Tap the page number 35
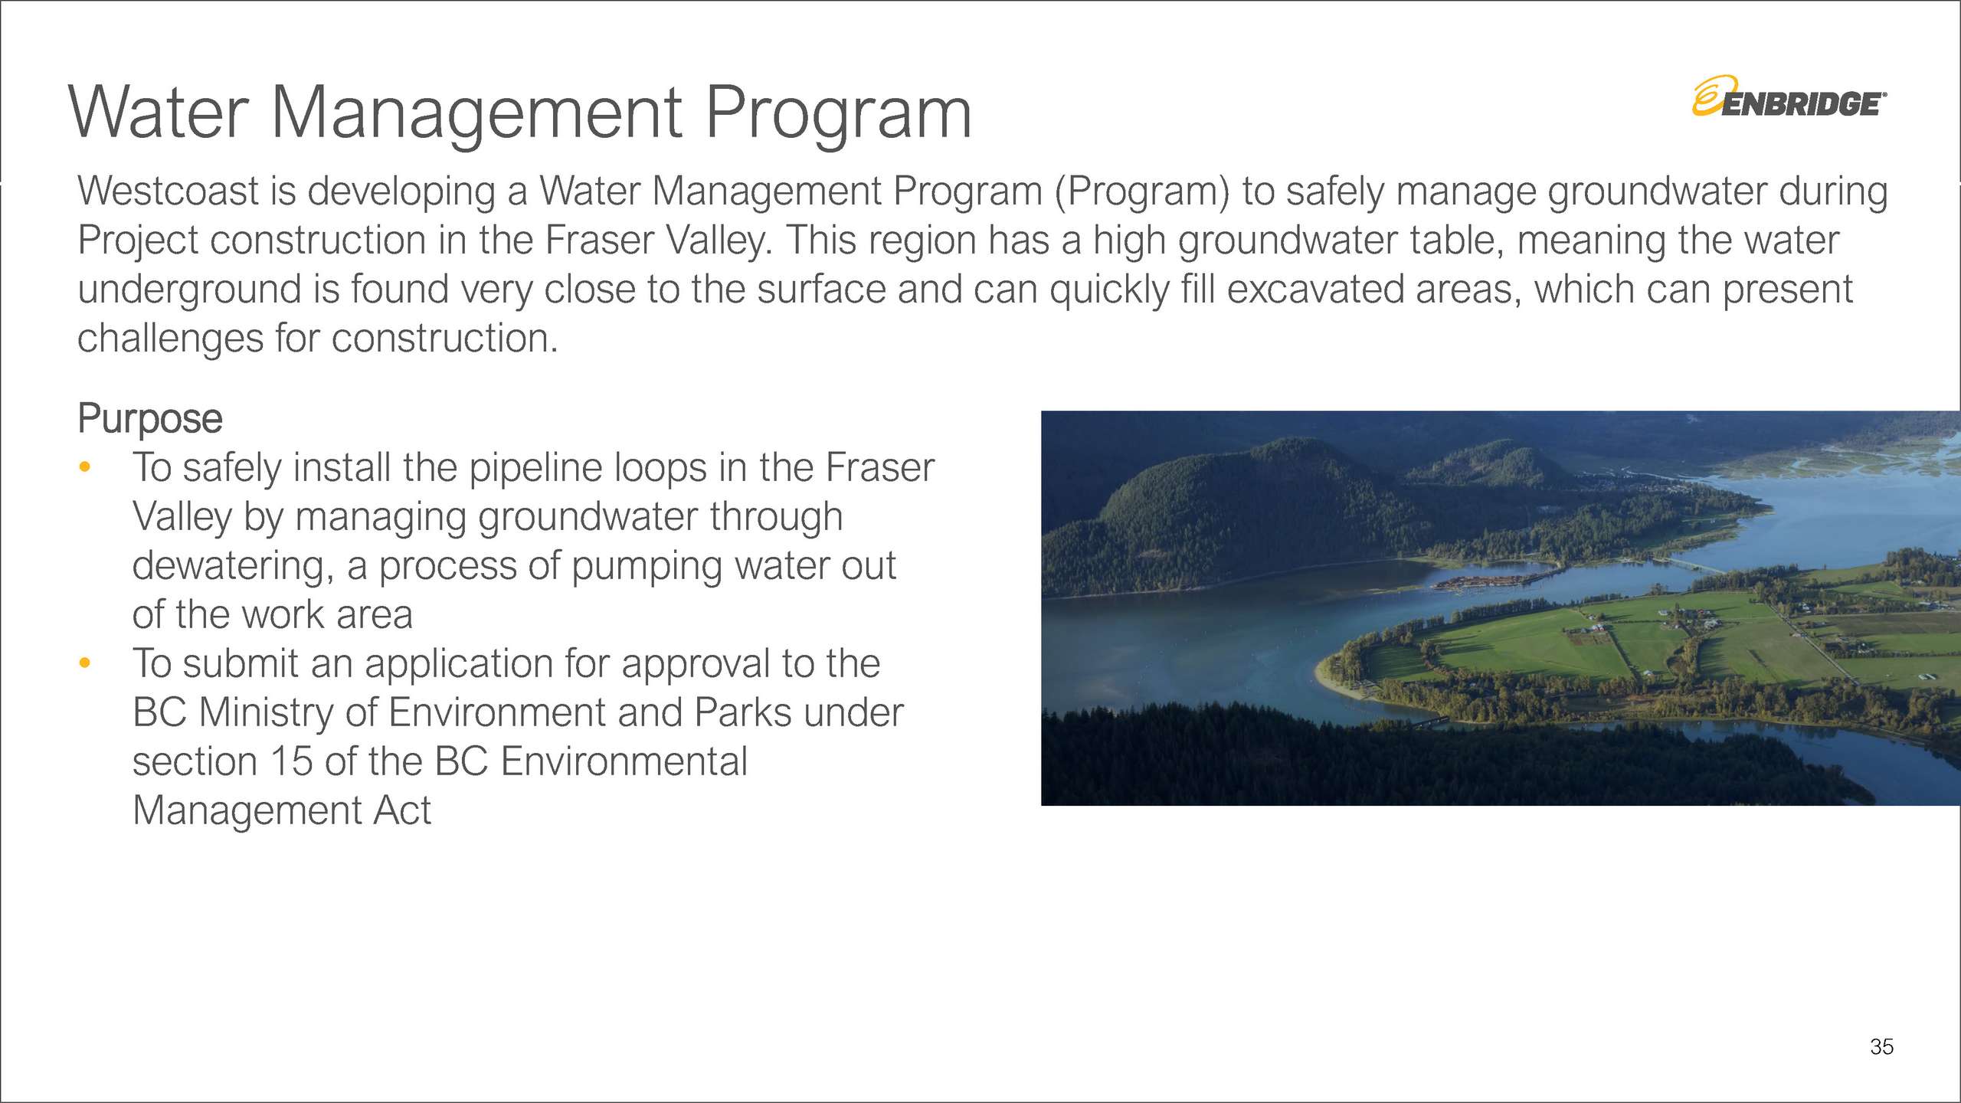click(x=1881, y=1047)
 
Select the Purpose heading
click(x=150, y=419)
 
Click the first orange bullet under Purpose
click(x=85, y=466)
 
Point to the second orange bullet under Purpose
click(x=85, y=663)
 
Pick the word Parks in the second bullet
click(x=743, y=712)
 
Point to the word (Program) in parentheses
click(x=1142, y=191)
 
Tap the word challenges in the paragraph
click(x=171, y=339)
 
